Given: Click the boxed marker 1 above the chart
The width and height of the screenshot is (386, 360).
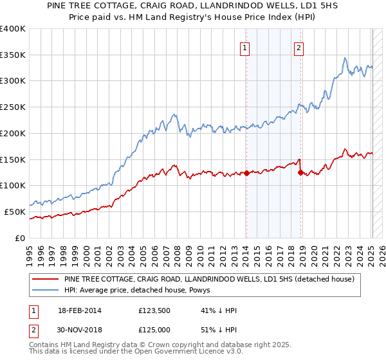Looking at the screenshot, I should [x=245, y=46].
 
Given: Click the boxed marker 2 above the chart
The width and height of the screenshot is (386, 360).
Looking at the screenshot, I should [x=300, y=46].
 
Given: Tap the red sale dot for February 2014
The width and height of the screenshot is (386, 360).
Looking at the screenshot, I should [x=246, y=172].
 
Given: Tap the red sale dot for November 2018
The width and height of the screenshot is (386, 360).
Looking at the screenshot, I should [x=300, y=172].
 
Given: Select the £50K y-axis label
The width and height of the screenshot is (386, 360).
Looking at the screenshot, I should [x=15, y=212].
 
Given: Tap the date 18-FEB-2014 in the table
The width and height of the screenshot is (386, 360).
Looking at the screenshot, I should [x=80, y=311].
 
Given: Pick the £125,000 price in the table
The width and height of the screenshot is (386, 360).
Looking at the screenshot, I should [x=154, y=329].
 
